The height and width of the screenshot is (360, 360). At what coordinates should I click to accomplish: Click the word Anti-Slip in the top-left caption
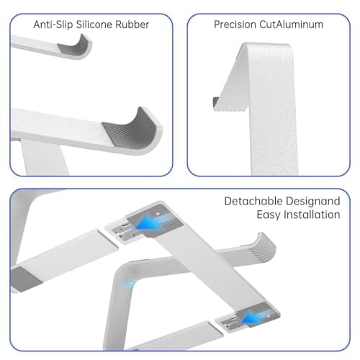tap(52, 24)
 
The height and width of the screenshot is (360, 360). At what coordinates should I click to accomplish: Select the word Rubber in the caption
tap(134, 24)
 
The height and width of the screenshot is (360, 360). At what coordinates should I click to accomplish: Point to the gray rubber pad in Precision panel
tap(217, 102)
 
